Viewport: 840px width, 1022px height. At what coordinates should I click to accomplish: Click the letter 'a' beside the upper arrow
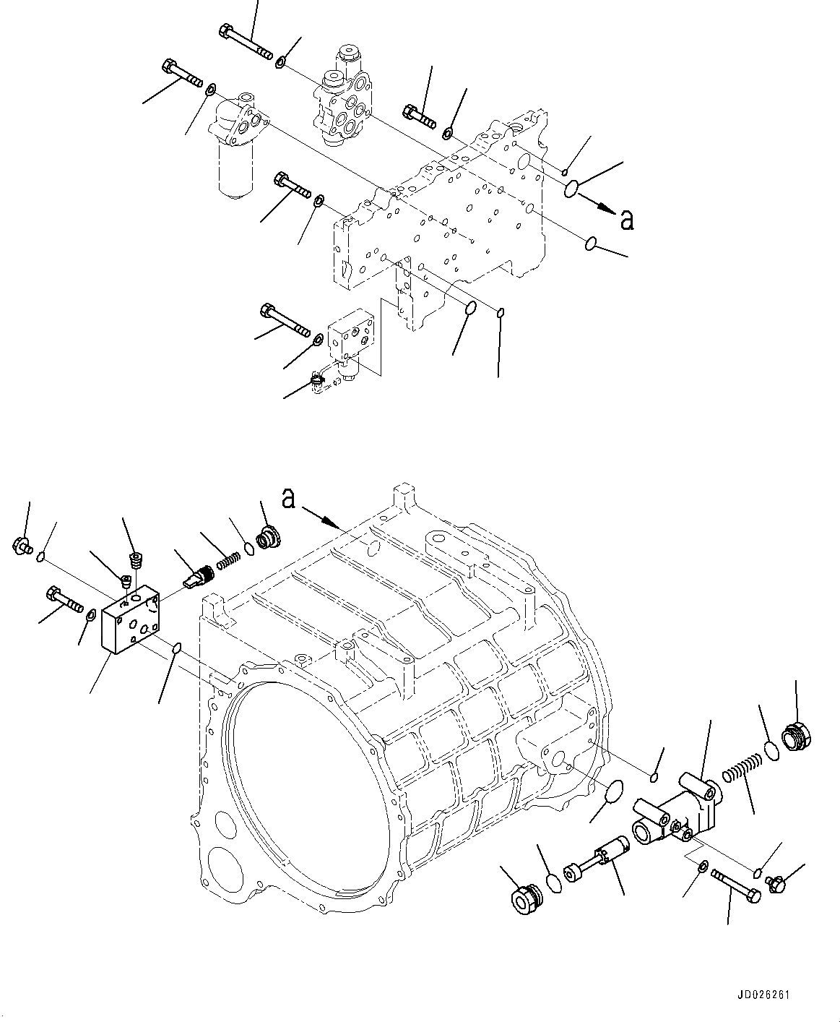(627, 220)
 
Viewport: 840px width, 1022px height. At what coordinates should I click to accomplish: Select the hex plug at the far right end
(797, 735)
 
